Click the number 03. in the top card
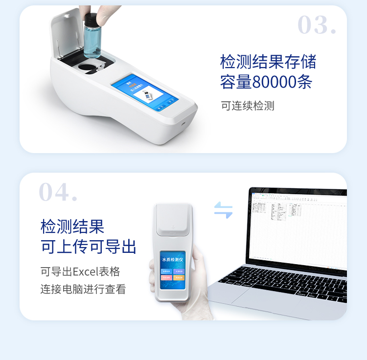click(317, 25)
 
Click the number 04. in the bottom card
click(58, 192)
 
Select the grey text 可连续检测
click(248, 106)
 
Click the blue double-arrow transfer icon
click(223, 210)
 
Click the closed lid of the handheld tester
click(173, 225)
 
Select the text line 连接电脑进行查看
click(83, 289)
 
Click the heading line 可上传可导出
click(88, 247)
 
